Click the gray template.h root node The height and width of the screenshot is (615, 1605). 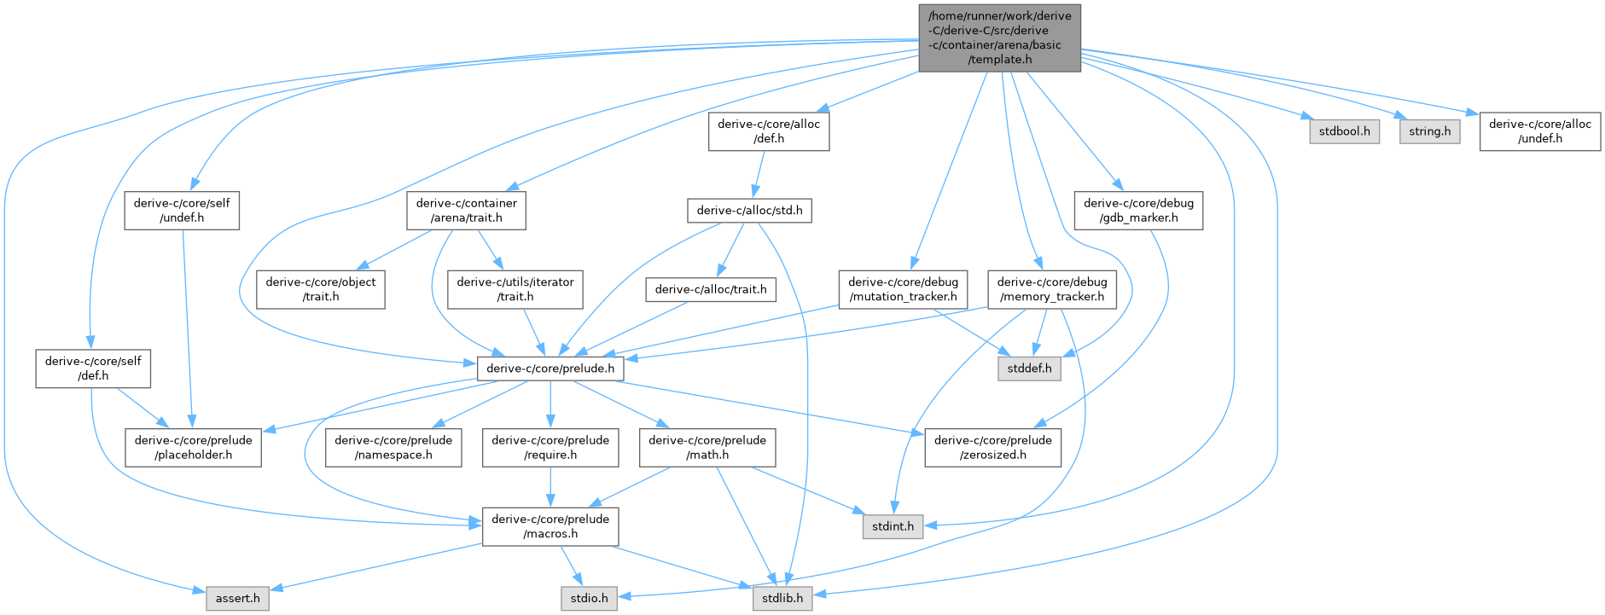999,38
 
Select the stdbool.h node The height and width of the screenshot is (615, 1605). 1344,131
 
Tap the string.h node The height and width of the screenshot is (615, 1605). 1429,131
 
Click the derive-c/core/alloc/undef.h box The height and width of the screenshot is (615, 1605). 1539,131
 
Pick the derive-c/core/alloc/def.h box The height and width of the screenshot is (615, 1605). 768,131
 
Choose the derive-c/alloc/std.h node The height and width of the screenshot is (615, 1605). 749,211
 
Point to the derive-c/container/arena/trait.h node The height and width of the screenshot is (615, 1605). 466,211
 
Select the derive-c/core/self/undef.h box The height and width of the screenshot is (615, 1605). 182,211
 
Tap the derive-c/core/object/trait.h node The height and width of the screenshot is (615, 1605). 321,289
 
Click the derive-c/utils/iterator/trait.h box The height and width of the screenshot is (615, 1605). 515,289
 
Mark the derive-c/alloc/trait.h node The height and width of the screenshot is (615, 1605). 710,290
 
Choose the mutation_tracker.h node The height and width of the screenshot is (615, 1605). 903,289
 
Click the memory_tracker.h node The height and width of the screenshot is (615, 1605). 1051,289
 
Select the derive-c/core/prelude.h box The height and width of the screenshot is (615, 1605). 550,368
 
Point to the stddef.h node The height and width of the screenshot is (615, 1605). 1029,368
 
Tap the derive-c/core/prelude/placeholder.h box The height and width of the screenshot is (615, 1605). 193,448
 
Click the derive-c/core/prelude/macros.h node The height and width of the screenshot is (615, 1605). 550,526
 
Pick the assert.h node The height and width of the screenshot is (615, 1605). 237,599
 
